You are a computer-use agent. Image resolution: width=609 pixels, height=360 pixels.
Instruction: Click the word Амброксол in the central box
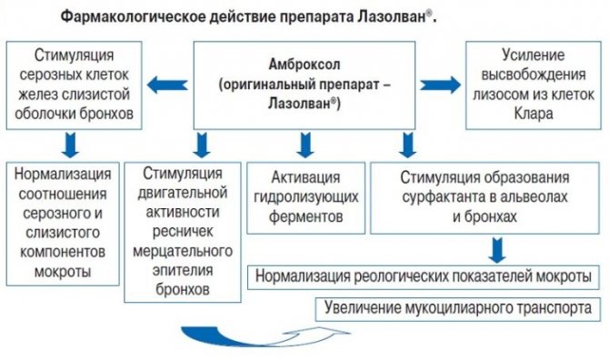click(304, 65)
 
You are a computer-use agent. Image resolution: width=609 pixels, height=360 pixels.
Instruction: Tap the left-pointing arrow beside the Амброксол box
click(167, 85)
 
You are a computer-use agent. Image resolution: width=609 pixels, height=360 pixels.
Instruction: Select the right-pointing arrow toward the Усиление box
click(441, 85)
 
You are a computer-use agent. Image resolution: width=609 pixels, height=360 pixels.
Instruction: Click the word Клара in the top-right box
click(534, 114)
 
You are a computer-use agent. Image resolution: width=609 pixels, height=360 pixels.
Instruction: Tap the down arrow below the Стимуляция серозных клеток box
click(70, 145)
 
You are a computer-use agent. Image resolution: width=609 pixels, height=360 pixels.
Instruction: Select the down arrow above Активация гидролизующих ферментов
click(305, 145)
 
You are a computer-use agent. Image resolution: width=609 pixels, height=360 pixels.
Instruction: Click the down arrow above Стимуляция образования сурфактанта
click(407, 145)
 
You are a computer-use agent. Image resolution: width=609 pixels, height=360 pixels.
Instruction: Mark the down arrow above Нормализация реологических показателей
click(497, 250)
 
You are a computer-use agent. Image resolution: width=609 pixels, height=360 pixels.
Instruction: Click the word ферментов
click(306, 216)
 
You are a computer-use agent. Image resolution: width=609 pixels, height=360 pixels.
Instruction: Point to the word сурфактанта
click(441, 197)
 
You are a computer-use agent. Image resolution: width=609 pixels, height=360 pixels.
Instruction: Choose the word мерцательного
click(183, 251)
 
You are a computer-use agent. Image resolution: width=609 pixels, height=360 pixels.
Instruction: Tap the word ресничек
click(183, 232)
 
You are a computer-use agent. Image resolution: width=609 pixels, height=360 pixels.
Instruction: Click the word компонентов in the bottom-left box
click(63, 252)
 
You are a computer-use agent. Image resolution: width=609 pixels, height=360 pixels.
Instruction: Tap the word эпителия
click(183, 270)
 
